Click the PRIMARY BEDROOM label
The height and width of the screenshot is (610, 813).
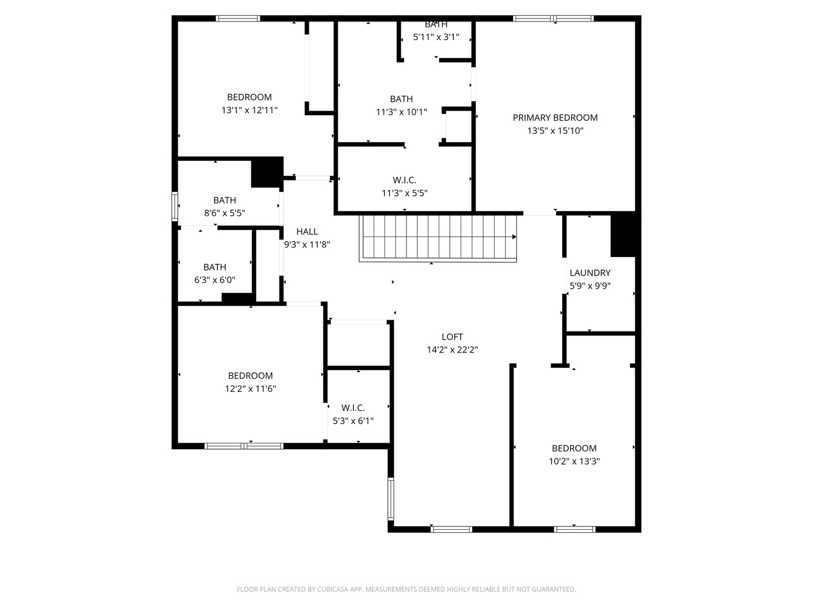[555, 118]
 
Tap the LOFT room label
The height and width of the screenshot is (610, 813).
[452, 337]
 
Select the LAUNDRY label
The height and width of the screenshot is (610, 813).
[589, 273]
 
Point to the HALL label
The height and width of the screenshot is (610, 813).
[307, 232]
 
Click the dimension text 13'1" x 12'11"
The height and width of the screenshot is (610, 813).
[250, 110]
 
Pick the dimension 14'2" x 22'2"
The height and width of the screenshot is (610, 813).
[452, 350]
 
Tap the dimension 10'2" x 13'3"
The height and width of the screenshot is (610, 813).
[574, 461]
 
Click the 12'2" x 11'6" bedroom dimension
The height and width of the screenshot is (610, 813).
[250, 389]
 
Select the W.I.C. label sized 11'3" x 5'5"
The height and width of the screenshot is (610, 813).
[404, 180]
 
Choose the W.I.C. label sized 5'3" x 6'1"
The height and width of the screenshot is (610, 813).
[353, 408]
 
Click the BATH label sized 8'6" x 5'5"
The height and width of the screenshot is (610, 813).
[225, 200]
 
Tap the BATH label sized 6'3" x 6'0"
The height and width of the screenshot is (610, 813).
[215, 267]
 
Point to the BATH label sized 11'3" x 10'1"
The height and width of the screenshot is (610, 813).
[401, 99]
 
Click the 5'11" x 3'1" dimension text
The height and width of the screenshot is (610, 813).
[436, 37]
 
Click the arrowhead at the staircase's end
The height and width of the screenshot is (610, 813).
[514, 237]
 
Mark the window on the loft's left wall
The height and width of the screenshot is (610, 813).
[390, 499]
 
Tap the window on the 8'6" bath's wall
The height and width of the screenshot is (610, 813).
[175, 206]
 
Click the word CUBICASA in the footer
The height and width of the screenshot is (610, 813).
[332, 589]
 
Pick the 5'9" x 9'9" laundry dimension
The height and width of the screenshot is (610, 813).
[589, 286]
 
